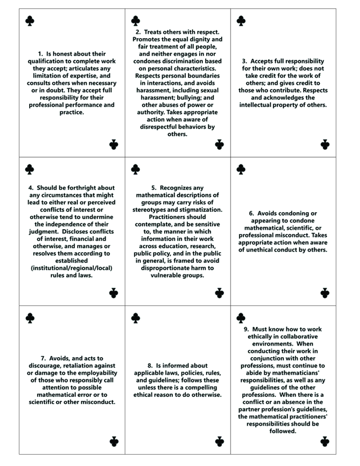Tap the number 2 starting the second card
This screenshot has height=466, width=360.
131,32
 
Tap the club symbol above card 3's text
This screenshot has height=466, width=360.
241,21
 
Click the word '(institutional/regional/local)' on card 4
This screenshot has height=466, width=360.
71,268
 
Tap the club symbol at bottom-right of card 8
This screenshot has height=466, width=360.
219,441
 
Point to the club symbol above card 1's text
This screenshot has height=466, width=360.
30,21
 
